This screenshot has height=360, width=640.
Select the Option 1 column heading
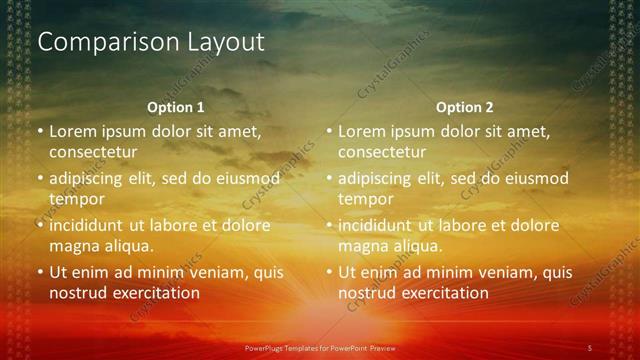click(x=176, y=107)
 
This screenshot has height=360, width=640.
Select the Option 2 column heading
click(x=465, y=107)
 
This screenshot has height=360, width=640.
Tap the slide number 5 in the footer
click(x=590, y=347)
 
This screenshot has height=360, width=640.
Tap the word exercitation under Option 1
click(x=154, y=293)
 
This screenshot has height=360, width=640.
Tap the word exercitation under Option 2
click(x=443, y=293)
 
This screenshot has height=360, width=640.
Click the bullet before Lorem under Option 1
click(x=40, y=131)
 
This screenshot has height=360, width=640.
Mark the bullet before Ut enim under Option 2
click(x=329, y=272)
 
